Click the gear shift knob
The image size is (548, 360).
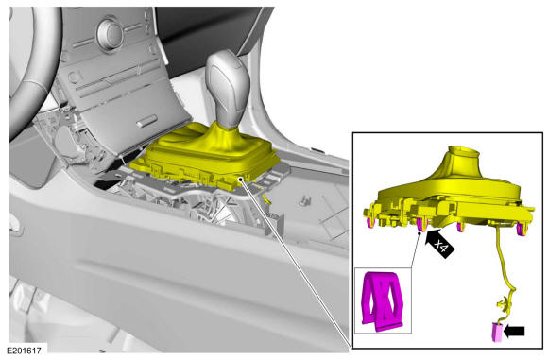(227, 89)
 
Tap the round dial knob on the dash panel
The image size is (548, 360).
(111, 34)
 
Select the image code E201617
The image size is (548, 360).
(25, 350)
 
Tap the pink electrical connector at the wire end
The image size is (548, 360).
(497, 332)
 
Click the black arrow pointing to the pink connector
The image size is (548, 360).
(515, 331)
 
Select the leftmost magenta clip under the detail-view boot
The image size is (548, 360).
(369, 223)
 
